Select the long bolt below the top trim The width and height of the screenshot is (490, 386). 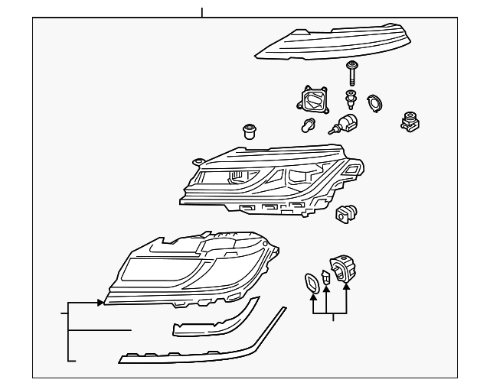[x=353, y=74]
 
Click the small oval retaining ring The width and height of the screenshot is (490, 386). [x=375, y=102]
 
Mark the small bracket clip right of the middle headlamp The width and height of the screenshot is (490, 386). [x=347, y=214]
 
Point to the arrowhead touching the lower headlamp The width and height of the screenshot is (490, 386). [x=101, y=303]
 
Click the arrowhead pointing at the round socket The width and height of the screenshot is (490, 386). [x=346, y=287]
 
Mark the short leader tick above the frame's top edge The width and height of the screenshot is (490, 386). [x=202, y=12]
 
